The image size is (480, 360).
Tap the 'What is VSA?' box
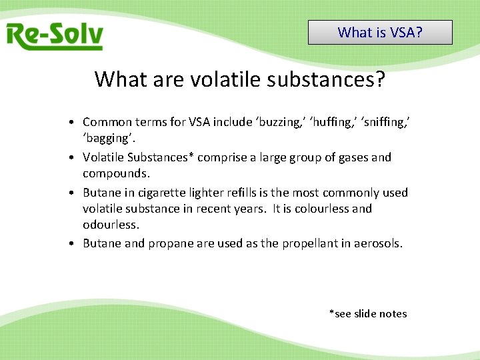coord(380,32)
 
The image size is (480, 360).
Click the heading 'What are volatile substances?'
coord(240,79)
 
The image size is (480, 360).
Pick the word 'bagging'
coord(107,138)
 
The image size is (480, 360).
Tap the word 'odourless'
coord(111,225)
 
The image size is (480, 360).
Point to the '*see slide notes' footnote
coord(367,313)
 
